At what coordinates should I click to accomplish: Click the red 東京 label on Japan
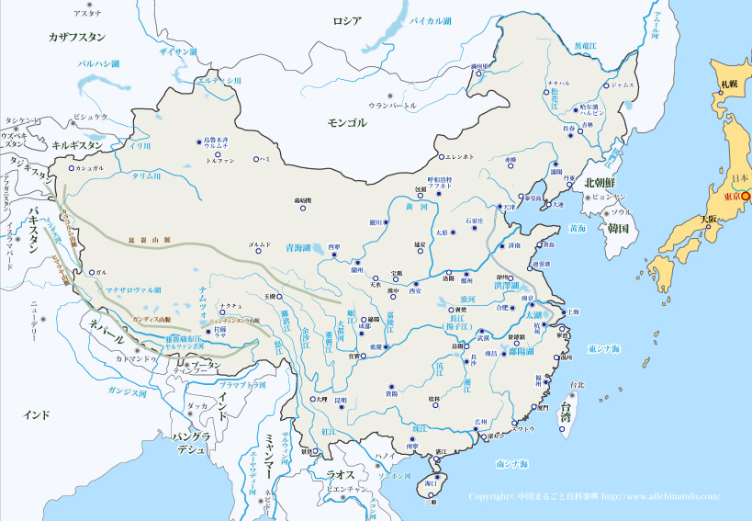coord(732,197)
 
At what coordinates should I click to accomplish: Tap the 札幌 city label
coord(728,84)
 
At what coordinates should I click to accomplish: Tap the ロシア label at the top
coord(347,20)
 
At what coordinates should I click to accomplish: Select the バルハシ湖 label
coord(106,63)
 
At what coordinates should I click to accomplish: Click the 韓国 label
coord(617,228)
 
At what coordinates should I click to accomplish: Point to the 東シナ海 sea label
coord(605,349)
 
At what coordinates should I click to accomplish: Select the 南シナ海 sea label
coord(511,465)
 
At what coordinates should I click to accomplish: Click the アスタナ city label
coord(88,15)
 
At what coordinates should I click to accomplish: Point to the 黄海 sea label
coord(577,228)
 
